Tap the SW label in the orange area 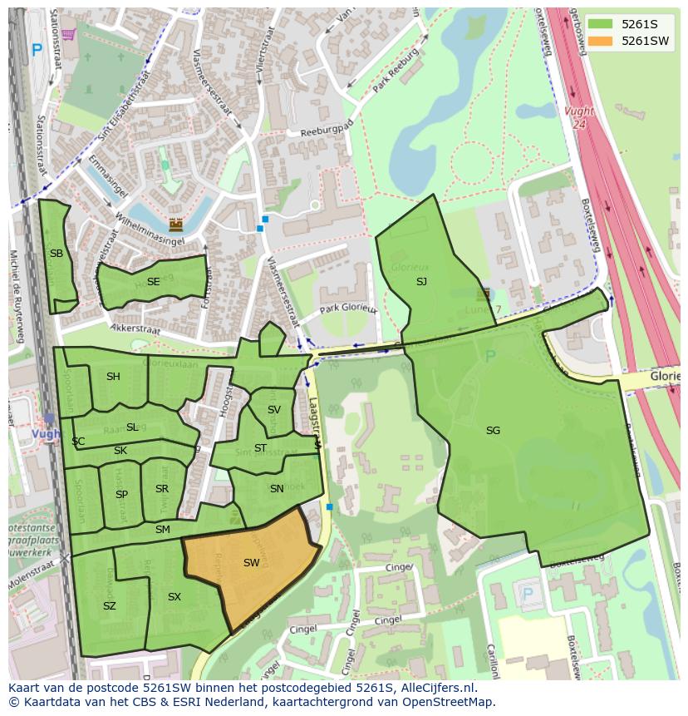(x=251, y=563)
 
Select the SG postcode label (x=493, y=431)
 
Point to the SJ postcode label (x=421, y=282)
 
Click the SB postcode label (x=56, y=254)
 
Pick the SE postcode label (x=153, y=282)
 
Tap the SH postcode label (x=113, y=377)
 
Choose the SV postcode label (x=273, y=410)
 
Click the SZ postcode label (x=109, y=606)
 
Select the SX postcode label (x=174, y=597)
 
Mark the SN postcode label (x=277, y=489)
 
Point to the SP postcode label (x=121, y=495)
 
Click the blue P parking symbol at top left (x=37, y=50)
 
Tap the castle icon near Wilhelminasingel (x=175, y=225)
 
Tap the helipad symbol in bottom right (x=525, y=594)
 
